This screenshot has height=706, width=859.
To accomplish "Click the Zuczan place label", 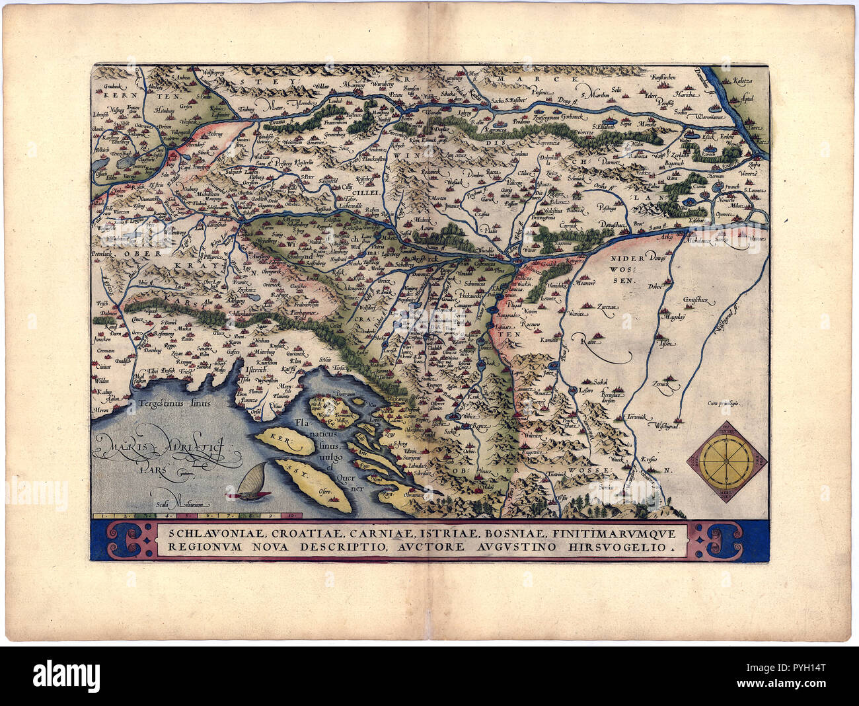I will pos(608,308).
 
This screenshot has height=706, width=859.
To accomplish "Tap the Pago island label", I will pos(365,465).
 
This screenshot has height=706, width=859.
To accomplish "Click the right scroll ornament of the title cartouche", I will pos(722,540).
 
